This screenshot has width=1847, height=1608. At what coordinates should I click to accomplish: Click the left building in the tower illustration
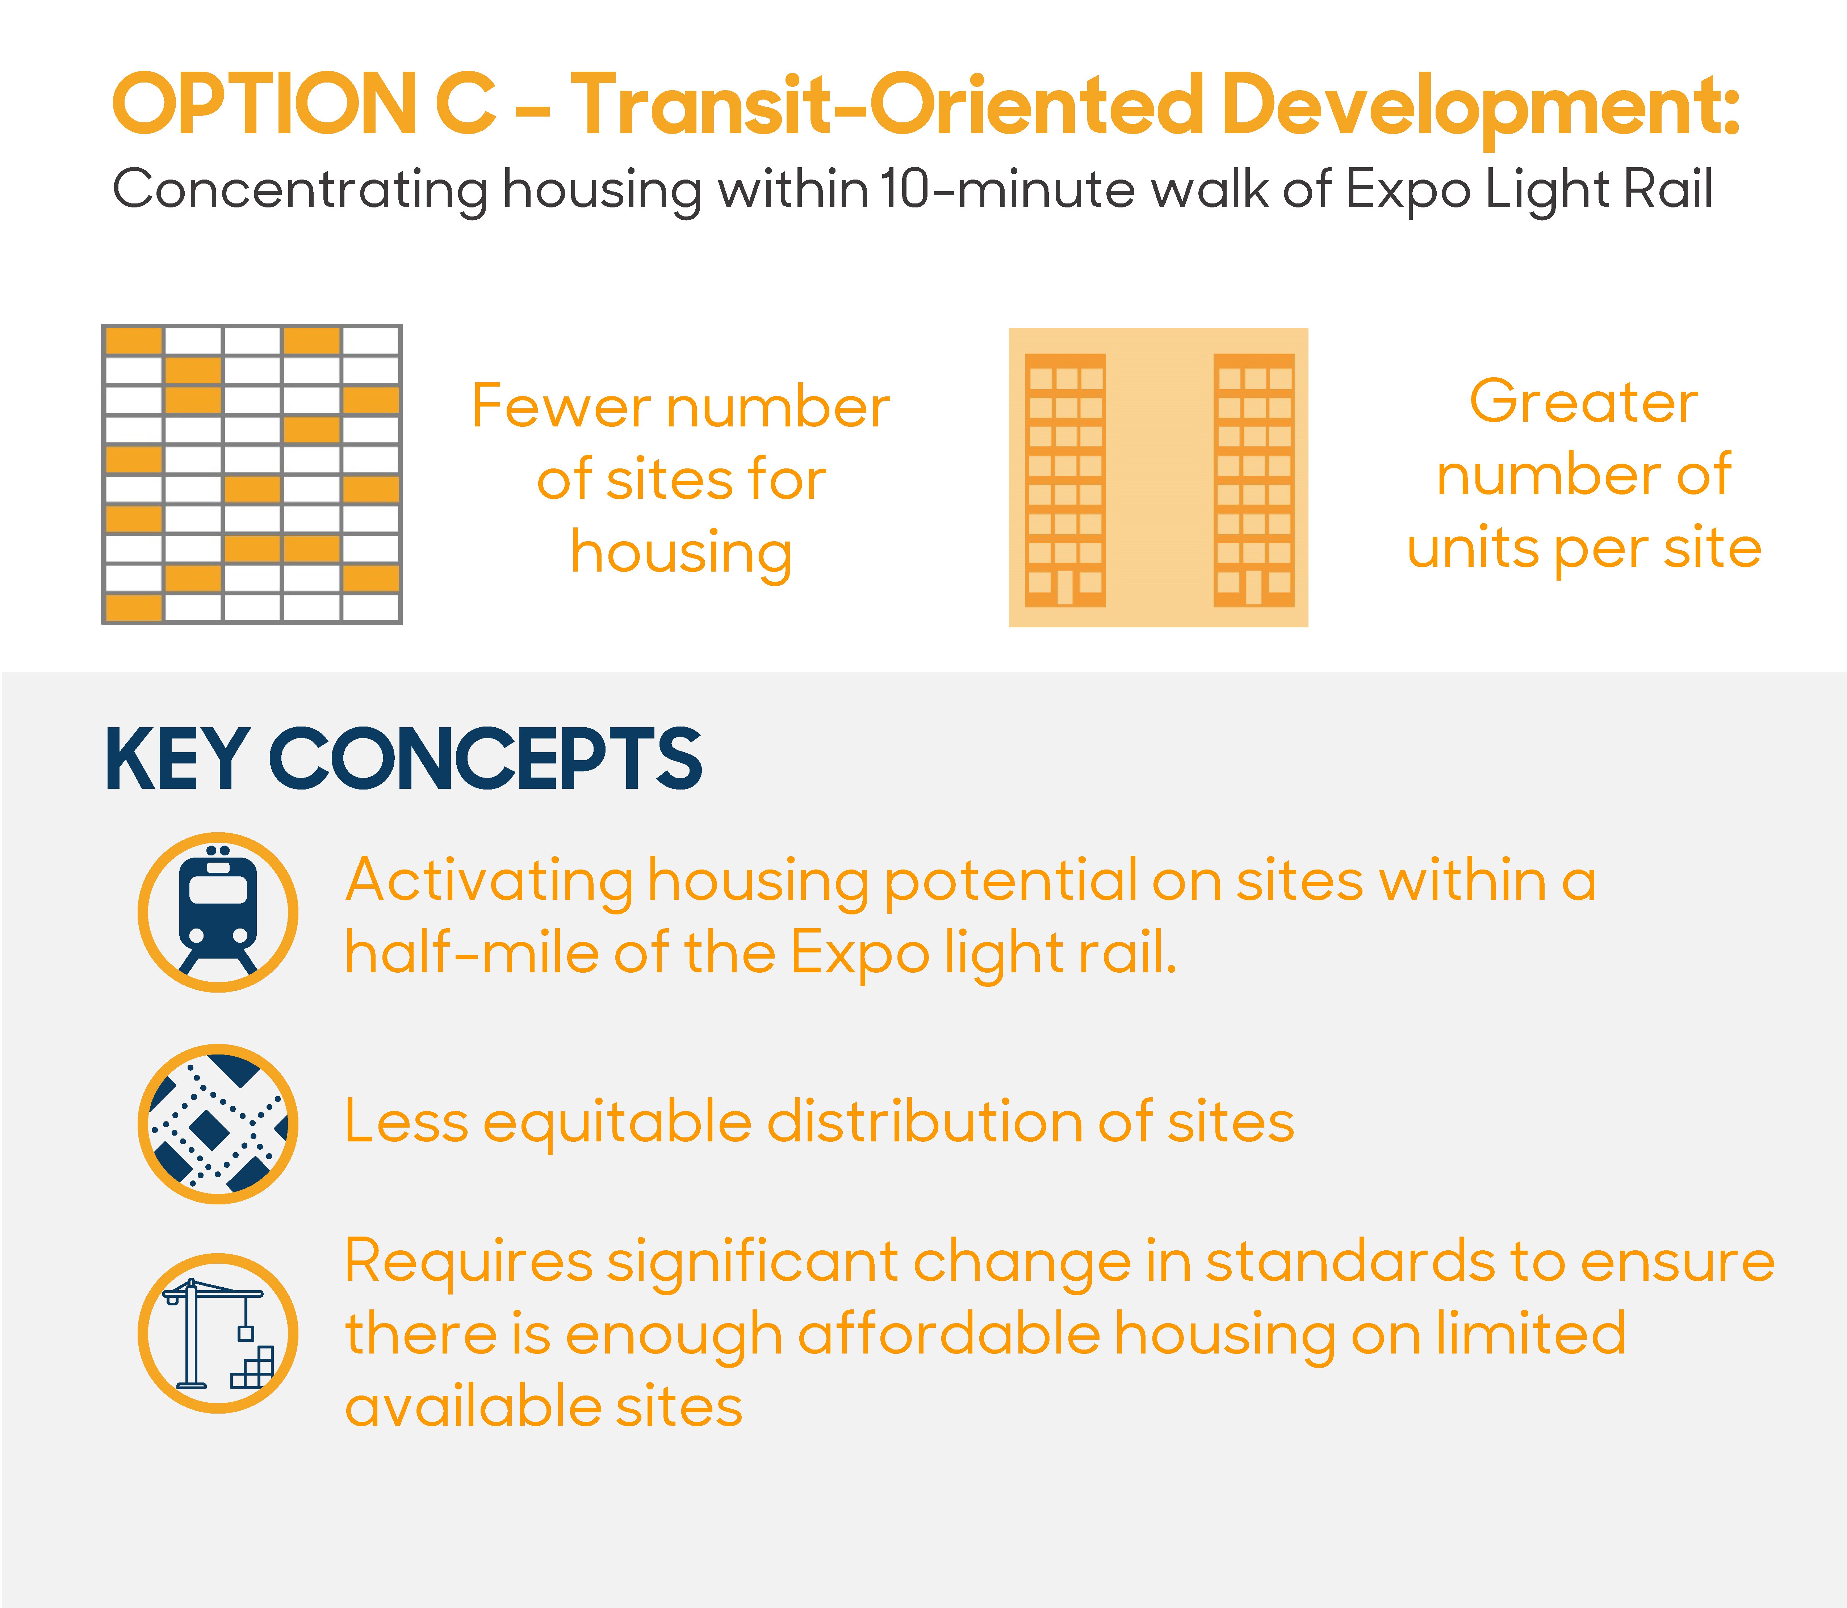click(1065, 480)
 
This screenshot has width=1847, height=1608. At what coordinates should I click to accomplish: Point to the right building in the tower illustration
click(1254, 480)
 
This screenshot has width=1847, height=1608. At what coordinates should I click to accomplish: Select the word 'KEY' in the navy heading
click(177, 759)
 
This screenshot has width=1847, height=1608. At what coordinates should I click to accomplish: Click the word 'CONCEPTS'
click(485, 759)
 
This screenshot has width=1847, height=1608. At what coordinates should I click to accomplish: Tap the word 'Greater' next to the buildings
click(1583, 402)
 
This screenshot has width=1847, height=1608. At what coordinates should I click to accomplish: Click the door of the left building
click(1065, 588)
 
